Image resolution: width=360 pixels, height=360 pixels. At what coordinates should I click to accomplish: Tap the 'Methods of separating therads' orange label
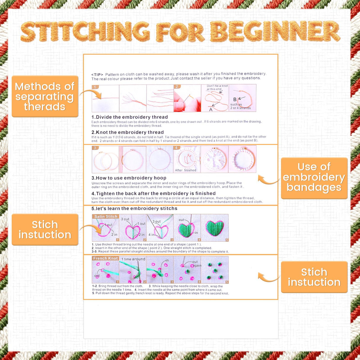pos(45,96)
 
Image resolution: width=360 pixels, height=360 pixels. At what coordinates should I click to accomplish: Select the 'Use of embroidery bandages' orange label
pos(314,177)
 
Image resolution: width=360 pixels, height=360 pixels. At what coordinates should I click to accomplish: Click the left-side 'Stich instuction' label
pos(45,230)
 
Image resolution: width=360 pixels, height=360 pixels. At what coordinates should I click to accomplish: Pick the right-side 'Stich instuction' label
pos(314,277)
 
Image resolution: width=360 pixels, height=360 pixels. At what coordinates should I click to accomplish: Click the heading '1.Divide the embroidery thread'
pos(130,117)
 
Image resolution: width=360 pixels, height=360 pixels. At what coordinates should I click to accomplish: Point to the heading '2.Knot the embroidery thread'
pos(128,132)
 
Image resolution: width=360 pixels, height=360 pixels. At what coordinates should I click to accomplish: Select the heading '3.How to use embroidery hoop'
pos(129,178)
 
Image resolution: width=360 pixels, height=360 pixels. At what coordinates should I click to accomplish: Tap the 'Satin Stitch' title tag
pos(106,216)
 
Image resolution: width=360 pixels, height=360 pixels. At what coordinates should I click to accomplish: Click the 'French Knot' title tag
pos(105,258)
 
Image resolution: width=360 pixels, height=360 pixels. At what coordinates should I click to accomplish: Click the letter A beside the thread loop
pos(211,109)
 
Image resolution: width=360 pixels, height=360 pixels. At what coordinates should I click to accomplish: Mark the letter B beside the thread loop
pos(235,99)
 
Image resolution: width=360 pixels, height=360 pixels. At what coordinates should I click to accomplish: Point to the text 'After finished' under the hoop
pos(186,170)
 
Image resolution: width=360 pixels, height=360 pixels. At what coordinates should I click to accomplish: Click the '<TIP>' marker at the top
pos(97,74)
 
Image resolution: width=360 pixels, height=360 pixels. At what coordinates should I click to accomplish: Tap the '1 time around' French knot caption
pos(133,259)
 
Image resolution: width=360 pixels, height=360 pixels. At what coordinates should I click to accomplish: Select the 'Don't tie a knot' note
pos(217,86)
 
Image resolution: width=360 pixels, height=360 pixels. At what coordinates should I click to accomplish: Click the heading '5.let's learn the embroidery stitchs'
pos(134,208)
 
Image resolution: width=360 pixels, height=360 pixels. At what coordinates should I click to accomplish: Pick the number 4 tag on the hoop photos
pos(176,148)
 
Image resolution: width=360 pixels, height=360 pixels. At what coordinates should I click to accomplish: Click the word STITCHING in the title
pos(85,31)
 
